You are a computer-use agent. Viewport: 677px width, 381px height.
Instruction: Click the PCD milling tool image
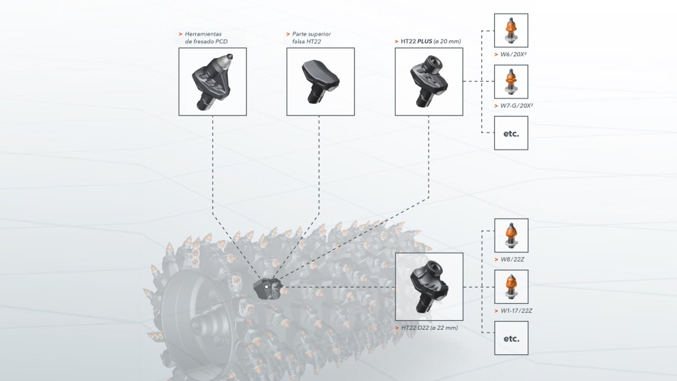(x=212, y=81)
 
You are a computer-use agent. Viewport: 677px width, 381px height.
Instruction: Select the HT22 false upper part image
(x=320, y=81)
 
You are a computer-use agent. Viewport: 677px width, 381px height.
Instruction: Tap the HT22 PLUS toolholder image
(x=429, y=81)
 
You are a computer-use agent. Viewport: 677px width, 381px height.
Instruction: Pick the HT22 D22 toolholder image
(x=429, y=287)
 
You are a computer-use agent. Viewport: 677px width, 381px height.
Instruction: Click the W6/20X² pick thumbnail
(x=510, y=31)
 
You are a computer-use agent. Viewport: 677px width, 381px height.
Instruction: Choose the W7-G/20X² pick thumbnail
(x=510, y=82)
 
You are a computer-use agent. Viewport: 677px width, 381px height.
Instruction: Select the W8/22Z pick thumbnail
(x=510, y=236)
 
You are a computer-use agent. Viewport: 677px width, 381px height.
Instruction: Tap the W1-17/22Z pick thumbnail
(x=510, y=287)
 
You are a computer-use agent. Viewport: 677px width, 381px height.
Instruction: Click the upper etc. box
(x=510, y=133)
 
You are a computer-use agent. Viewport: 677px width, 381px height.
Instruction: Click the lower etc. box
(x=510, y=338)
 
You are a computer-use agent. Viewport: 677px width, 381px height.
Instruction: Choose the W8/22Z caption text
(x=512, y=259)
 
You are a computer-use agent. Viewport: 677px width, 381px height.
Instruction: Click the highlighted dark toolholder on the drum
(x=267, y=287)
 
